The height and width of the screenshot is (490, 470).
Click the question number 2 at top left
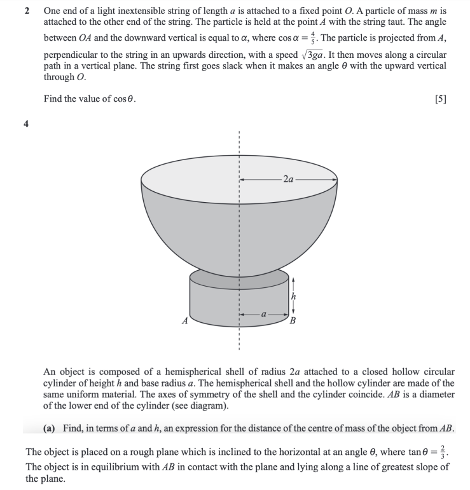coord(27,11)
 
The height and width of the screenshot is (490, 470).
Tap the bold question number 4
coord(27,125)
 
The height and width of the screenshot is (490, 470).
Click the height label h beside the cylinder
coord(293,297)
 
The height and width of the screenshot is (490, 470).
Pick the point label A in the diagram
coord(184,320)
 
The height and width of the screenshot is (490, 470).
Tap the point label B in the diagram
coord(294,320)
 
